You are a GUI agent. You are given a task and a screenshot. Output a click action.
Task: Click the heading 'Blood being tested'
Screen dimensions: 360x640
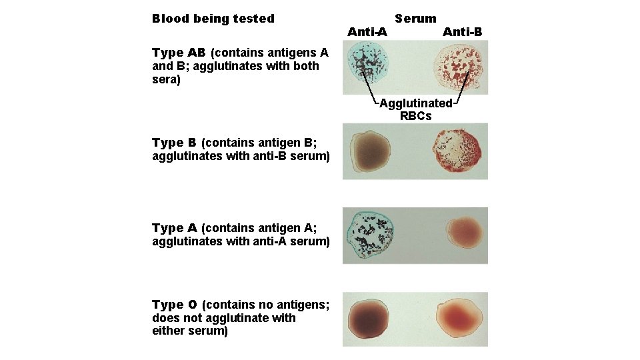213,19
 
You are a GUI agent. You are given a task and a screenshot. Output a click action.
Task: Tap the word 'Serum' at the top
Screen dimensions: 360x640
415,19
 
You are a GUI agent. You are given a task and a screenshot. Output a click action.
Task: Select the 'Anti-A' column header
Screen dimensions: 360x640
367,31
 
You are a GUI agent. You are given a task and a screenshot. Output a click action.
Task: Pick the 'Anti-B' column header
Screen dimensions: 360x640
462,31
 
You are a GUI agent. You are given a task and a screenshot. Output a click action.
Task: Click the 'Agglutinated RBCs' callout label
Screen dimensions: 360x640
415,109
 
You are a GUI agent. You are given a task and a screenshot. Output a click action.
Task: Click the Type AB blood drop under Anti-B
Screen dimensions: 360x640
460,67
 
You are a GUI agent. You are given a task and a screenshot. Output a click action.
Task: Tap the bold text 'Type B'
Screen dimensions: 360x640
174,143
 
